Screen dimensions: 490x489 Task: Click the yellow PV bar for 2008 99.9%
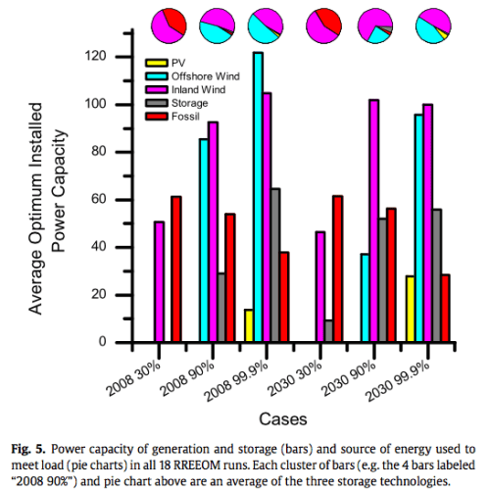[249, 326]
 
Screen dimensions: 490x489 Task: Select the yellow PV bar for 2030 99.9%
[410, 310]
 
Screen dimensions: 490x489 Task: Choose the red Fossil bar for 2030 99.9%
[446, 309]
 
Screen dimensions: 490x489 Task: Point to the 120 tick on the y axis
[117, 57]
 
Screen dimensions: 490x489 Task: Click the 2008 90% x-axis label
[209, 371]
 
